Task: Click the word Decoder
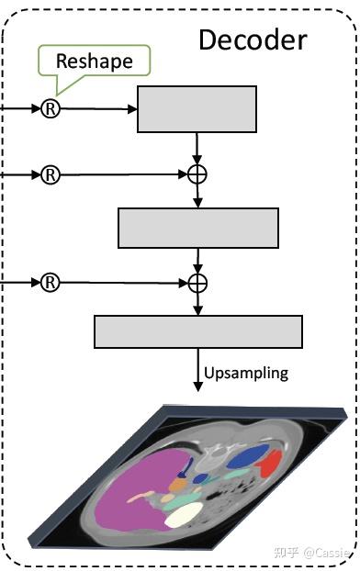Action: (253, 39)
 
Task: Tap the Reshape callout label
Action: (94, 62)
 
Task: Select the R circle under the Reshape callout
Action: (51, 108)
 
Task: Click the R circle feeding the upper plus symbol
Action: (51, 174)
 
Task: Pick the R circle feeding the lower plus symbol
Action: (51, 282)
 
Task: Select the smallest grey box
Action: (197, 109)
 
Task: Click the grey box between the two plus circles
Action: (197, 228)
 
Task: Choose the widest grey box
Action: (197, 331)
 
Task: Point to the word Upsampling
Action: (246, 373)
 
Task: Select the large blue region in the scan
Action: (245, 456)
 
